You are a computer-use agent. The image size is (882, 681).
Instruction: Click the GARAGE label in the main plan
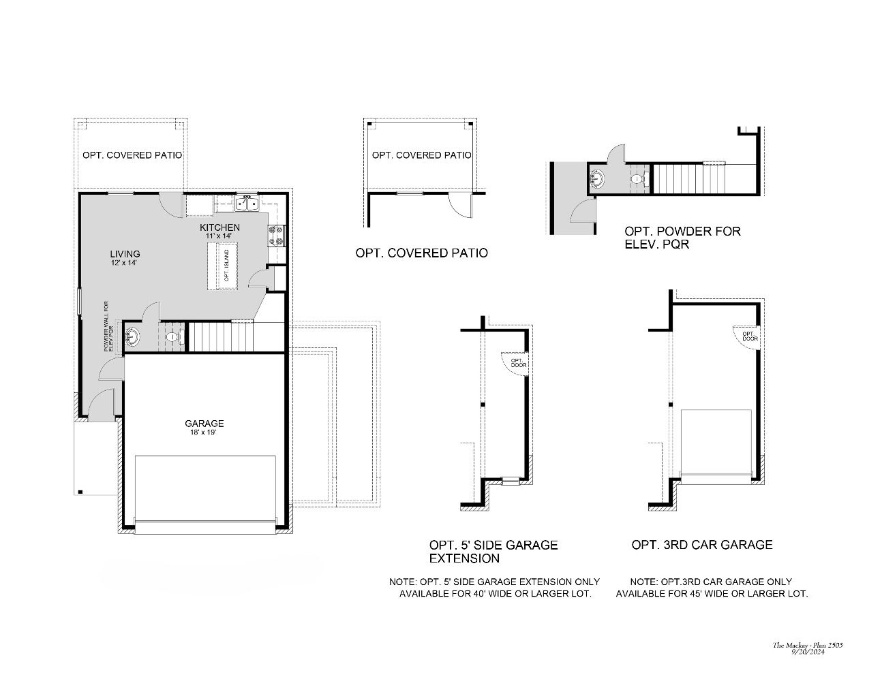204,423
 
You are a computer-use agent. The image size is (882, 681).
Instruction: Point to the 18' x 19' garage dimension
204,432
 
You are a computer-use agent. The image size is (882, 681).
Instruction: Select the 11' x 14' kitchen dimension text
219,236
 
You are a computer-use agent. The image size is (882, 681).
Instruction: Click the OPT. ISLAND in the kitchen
226,266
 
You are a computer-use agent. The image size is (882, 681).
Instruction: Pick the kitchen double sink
246,203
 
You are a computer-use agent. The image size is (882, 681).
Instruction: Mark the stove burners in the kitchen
277,235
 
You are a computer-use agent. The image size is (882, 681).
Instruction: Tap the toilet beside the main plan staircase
173,336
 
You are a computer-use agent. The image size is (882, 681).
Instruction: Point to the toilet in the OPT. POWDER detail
637,180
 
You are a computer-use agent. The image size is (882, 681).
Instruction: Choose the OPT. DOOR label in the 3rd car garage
750,336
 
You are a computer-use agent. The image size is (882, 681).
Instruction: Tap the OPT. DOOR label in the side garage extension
517,363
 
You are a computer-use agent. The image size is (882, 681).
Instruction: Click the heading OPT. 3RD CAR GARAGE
702,545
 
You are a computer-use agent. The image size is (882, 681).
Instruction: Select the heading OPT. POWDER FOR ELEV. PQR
682,237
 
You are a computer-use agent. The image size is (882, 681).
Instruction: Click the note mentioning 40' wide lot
494,588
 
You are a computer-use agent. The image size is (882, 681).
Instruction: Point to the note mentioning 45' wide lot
712,588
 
